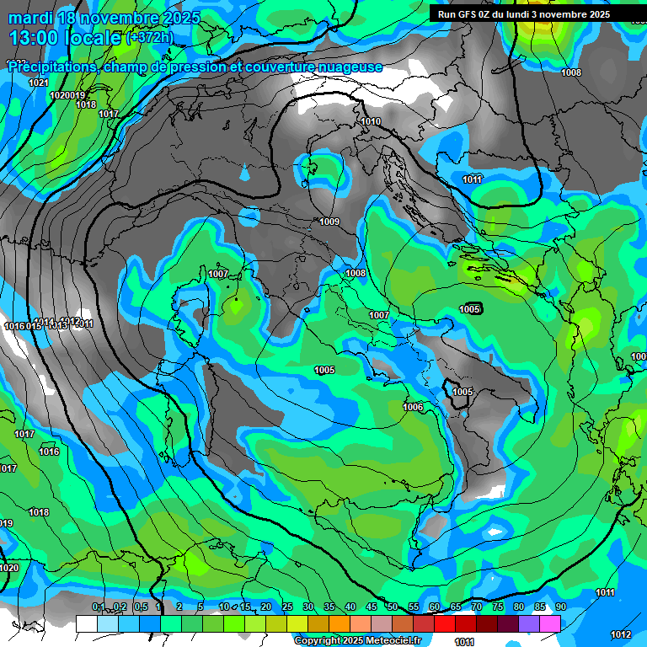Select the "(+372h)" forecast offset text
(x=149, y=37)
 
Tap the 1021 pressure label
(x=39, y=83)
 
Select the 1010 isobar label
(x=371, y=122)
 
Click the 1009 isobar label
(x=329, y=222)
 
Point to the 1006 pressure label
(x=413, y=407)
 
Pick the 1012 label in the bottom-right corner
(x=621, y=634)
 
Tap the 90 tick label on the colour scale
(x=560, y=607)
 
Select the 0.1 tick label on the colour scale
(x=98, y=607)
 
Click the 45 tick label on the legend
(x=372, y=607)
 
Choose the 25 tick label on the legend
(x=287, y=607)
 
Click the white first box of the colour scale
(x=86, y=623)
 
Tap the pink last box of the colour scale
(x=550, y=623)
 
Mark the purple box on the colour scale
(x=529, y=623)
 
